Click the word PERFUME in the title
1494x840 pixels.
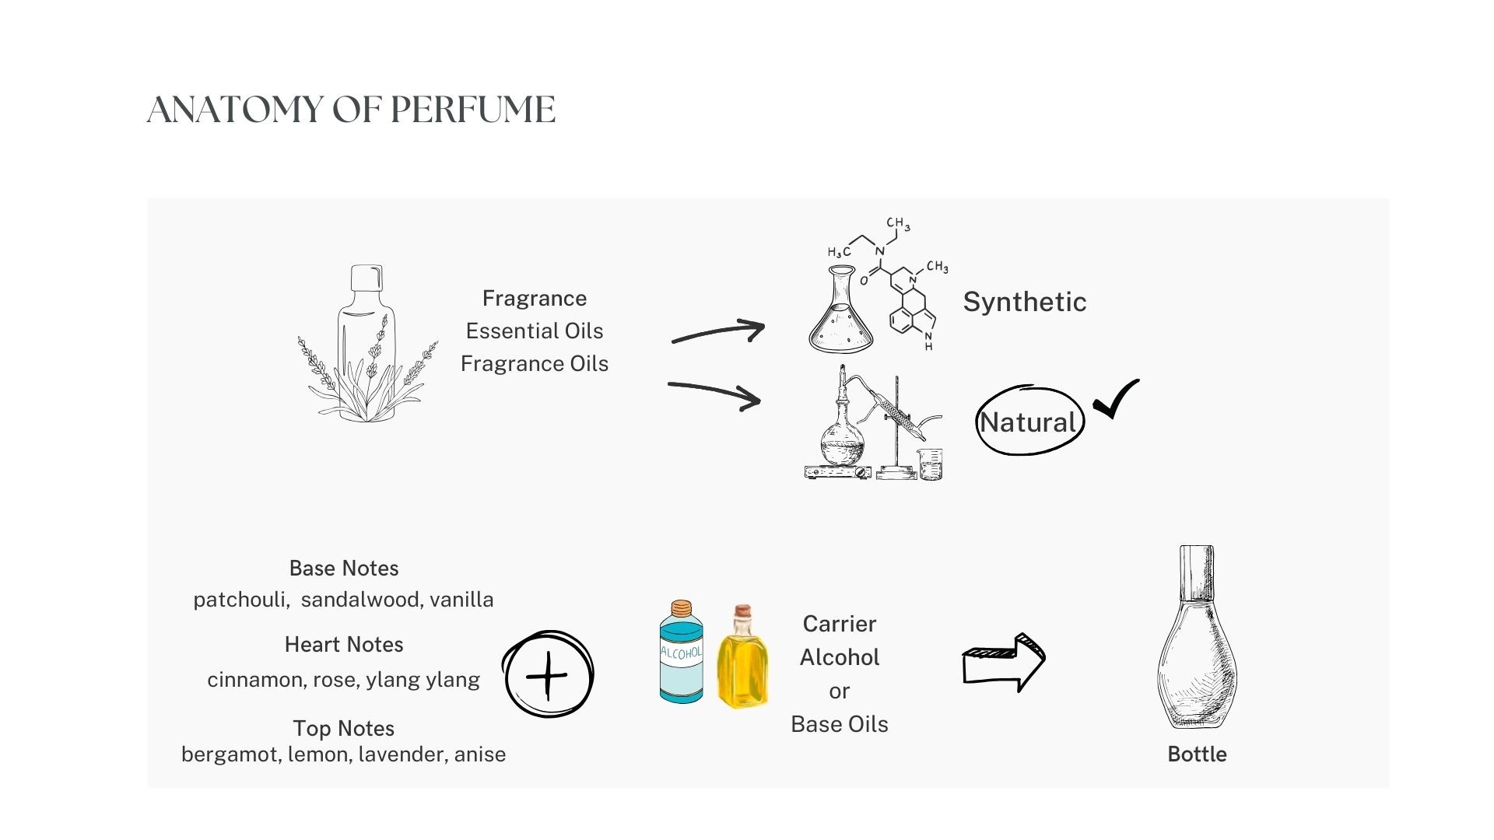tap(472, 110)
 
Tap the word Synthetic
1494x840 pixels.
tap(1024, 302)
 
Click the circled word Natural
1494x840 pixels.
tap(1028, 422)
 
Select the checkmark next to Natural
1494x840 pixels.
tap(1116, 398)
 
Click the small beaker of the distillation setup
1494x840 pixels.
tap(930, 464)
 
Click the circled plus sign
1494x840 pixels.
tap(548, 674)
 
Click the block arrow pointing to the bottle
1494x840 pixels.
tap(1004, 663)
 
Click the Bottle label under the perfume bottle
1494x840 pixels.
tap(1197, 754)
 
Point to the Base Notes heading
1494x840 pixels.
tap(344, 569)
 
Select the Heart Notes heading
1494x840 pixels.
tap(344, 645)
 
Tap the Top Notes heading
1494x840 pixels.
tap(344, 729)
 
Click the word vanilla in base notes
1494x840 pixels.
tap(461, 600)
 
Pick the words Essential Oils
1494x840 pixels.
tap(535, 331)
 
